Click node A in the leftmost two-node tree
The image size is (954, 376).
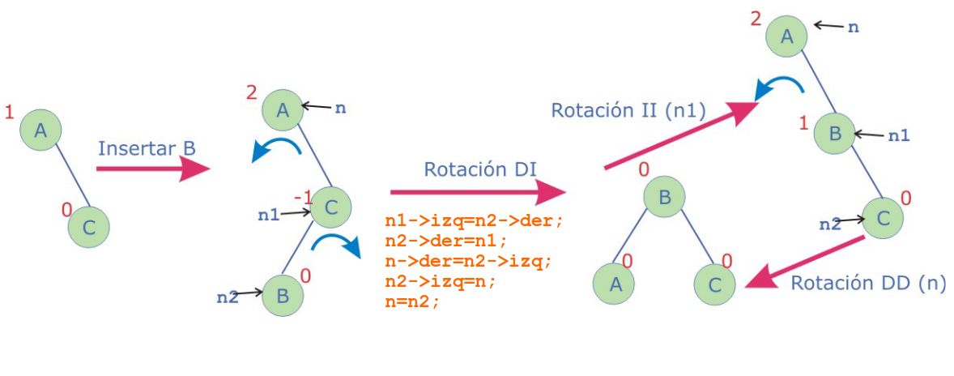pos(40,129)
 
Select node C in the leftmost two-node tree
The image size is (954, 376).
pos(88,227)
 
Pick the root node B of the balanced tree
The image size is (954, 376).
pos(664,197)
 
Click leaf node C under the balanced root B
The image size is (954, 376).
pos(714,284)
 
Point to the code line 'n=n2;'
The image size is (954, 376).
pos(412,302)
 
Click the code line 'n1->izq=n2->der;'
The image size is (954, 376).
pos(473,220)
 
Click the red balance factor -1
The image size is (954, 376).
pos(303,197)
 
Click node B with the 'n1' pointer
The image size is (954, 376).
pos(834,133)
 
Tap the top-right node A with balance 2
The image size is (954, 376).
pos(786,36)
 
